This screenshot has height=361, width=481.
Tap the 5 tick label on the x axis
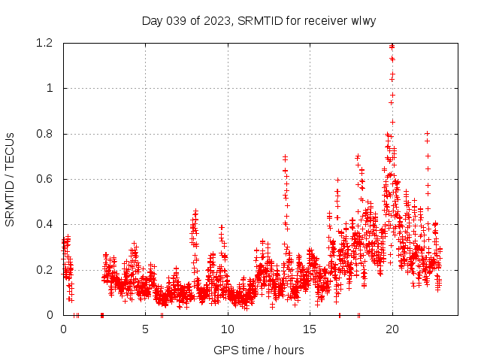tap(145, 329)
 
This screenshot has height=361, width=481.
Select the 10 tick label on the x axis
tap(228, 329)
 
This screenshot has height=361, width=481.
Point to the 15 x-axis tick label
tap(310, 329)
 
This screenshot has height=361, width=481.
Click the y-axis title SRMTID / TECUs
tap(10, 179)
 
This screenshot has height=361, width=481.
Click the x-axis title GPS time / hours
tap(259, 350)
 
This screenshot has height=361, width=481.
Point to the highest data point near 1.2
tap(392, 46)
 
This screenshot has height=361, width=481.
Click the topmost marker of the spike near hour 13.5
tap(285, 157)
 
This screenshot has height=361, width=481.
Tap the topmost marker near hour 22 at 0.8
tap(427, 134)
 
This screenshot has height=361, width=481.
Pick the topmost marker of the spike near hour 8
tap(195, 211)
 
